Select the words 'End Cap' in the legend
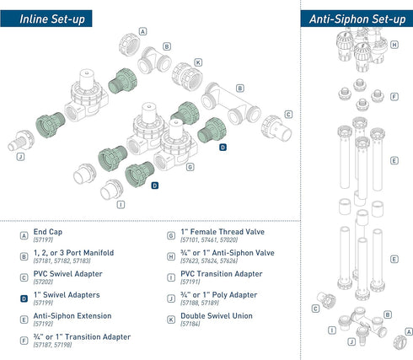pos(48,231)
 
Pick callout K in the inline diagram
pos(197,62)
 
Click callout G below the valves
pos(190,167)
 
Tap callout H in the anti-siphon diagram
pos(394,44)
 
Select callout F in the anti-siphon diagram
pos(394,96)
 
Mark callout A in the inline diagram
pos(142,31)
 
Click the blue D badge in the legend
pos(24,294)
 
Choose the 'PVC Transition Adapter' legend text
pos(214,273)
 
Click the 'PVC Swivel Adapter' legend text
pos(62,273)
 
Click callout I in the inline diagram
pos(121,204)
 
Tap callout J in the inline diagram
pos(19,156)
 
